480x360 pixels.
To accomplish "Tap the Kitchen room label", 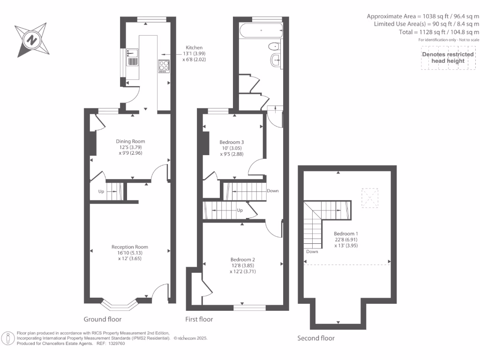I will tap(194, 48).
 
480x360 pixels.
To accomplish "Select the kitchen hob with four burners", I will tap(164, 67).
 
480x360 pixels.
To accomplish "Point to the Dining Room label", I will tap(130, 141).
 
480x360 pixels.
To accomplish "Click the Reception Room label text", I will tap(129, 247).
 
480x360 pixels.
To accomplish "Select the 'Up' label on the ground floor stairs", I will tap(101, 191).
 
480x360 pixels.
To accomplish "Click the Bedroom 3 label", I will tap(232, 142).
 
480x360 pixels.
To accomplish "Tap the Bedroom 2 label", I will tap(242, 260).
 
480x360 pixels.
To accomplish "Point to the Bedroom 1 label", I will tap(346, 233).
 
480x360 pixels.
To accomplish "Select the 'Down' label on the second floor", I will tap(312, 252).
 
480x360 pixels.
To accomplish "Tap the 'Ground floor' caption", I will tap(102, 319).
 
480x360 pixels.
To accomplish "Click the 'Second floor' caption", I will tap(316, 338).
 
